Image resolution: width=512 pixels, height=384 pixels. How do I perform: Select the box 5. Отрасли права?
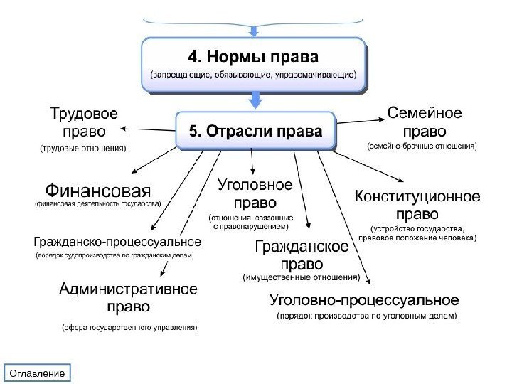point(254,130)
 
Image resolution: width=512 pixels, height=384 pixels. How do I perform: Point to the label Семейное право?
point(425,122)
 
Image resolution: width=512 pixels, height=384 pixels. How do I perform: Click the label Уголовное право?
point(253,193)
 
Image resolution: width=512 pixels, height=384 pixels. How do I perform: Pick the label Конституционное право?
point(416,204)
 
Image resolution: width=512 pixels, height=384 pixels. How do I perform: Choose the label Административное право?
point(128,298)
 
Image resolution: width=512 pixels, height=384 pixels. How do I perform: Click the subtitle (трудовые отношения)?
point(82,149)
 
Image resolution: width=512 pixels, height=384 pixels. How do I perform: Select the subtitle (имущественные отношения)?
point(301,277)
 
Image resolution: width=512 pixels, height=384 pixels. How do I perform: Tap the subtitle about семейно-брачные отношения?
point(422,147)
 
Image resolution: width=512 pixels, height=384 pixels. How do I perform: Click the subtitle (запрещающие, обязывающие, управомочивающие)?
point(254,74)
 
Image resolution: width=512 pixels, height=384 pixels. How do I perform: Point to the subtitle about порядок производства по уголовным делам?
point(366,314)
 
